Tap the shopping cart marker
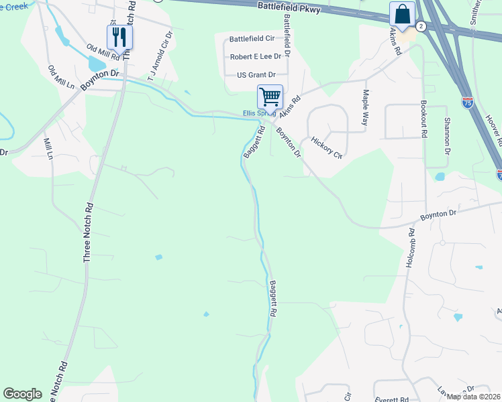click(x=270, y=96)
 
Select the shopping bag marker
click(x=402, y=13)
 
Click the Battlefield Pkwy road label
click(x=289, y=7)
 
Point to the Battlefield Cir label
click(x=252, y=40)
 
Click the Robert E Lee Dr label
click(x=255, y=58)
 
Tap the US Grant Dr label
click(x=256, y=75)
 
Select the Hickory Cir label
click(x=327, y=148)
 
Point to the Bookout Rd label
click(x=423, y=119)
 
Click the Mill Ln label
click(x=48, y=149)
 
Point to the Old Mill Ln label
click(x=61, y=78)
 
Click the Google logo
click(x=22, y=394)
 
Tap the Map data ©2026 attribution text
click(x=474, y=396)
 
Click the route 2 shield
click(x=421, y=25)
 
